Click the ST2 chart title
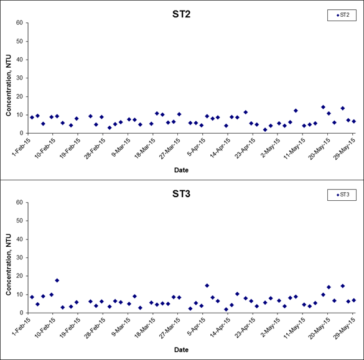point(181,14)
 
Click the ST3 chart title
point(181,194)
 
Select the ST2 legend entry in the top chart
point(343,15)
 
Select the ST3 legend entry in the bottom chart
point(343,195)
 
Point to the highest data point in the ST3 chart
point(57,280)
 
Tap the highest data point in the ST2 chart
point(323,107)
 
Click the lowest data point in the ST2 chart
point(265,130)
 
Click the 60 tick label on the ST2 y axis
point(19,23)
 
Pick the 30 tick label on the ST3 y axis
point(19,257)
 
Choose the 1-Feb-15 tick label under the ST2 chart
point(21,147)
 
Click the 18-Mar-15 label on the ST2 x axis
point(145,148)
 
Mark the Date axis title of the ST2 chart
point(181,170)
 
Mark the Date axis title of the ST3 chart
point(181,350)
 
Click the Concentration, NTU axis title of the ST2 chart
point(9,85)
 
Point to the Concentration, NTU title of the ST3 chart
point(9,265)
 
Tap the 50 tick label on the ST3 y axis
point(19,221)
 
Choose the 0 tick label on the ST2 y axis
point(21,134)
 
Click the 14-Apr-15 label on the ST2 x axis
point(220,148)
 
